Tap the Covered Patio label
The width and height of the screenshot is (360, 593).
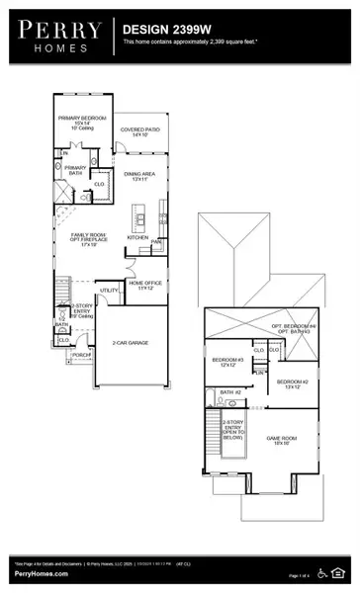pos(140,130)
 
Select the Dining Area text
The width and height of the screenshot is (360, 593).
pos(137,175)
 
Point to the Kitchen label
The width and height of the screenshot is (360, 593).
pos(137,237)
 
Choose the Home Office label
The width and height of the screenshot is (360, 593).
pos(145,285)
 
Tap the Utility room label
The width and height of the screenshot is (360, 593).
pos(109,290)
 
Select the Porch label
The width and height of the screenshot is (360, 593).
pos(82,353)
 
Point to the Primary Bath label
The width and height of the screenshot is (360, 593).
pos(76,170)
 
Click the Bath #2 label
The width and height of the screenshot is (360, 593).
pos(230,392)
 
